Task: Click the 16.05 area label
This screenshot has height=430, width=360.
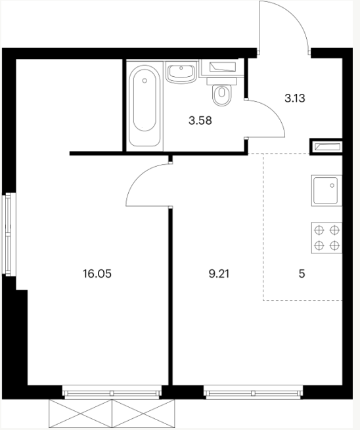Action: click(97, 274)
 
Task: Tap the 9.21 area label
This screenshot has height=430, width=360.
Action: click(219, 274)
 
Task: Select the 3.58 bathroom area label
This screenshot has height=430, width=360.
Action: click(200, 120)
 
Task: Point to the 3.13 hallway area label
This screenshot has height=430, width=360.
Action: click(295, 98)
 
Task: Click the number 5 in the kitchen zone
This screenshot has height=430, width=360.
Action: click(302, 274)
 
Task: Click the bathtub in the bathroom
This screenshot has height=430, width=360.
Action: click(145, 106)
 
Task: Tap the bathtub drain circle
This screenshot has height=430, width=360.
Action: click(145, 81)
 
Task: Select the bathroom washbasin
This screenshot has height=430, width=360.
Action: click(181, 72)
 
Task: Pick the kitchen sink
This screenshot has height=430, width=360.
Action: click(326, 190)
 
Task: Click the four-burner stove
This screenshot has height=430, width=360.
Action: click(326, 238)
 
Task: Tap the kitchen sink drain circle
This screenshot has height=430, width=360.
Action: click(332, 186)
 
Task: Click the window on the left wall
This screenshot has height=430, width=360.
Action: click(9, 234)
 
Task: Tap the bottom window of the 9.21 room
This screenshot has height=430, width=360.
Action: click(253, 392)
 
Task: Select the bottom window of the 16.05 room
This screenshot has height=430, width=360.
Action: click(112, 392)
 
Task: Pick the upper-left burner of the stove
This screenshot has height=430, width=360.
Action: click(319, 230)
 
